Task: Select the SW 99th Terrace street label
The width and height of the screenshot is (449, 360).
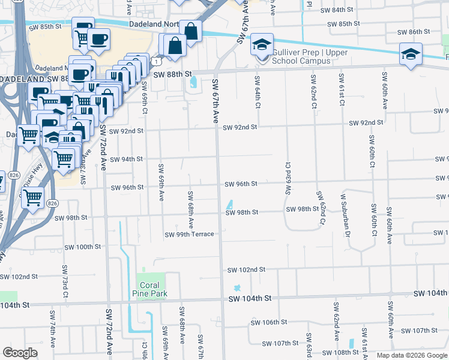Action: click(x=189, y=234)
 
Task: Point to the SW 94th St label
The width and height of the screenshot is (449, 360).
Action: click(x=126, y=159)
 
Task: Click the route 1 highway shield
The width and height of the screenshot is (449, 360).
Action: click(x=155, y=61)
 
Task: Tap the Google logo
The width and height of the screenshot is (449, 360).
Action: click(x=20, y=353)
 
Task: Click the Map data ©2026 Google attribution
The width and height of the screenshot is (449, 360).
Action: click(x=411, y=355)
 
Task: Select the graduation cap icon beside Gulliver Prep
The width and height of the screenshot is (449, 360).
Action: click(x=262, y=45)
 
